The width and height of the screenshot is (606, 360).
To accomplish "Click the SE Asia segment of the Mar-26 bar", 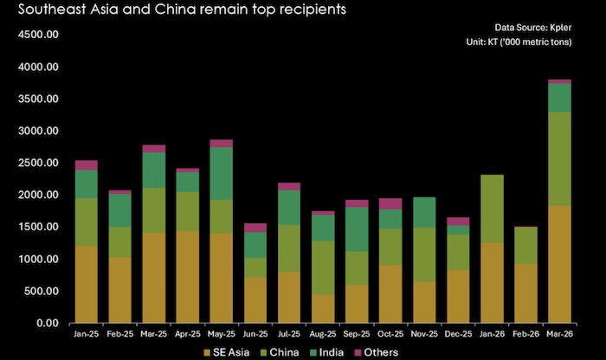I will pos(558,264).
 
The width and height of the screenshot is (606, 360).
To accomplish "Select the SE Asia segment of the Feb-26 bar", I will pos(525,293).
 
